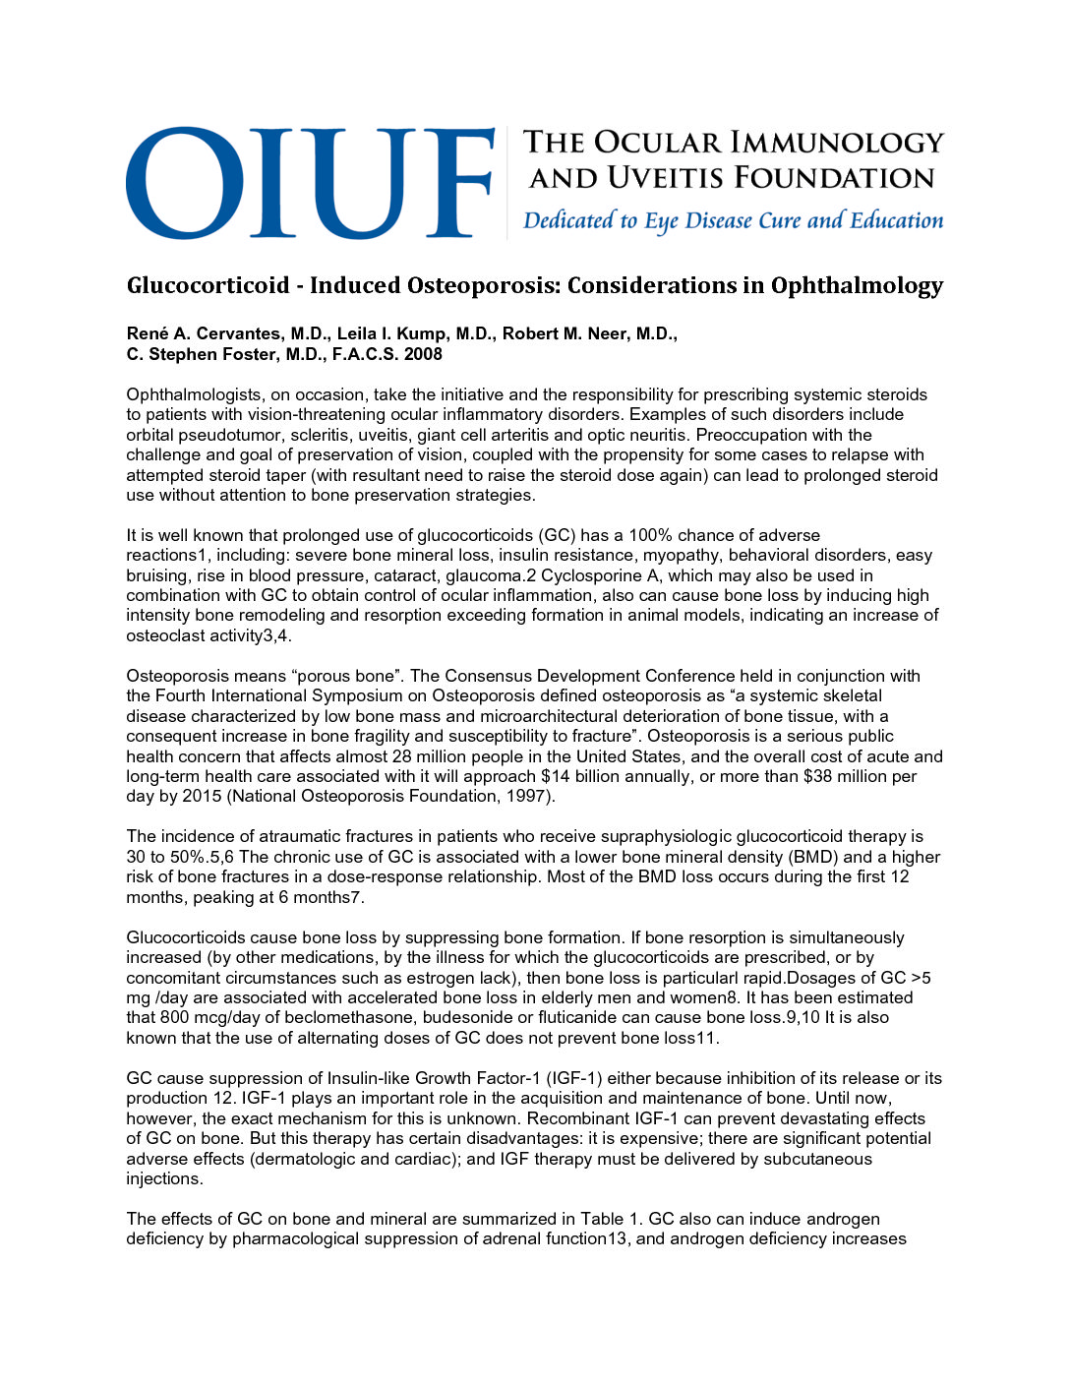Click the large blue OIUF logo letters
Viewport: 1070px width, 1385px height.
[x=310, y=182]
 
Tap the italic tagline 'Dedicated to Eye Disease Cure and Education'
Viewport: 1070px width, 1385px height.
[x=733, y=220]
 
